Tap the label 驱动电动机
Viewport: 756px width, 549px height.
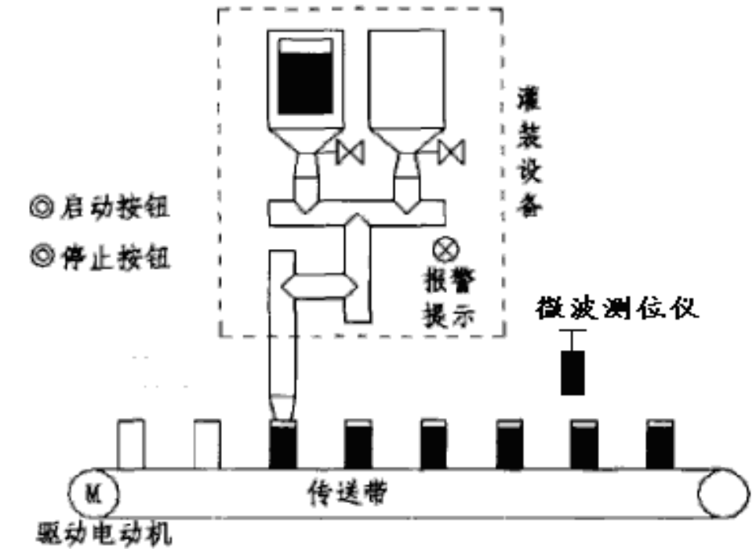click(x=105, y=535)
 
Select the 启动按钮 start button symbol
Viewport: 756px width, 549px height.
click(x=39, y=209)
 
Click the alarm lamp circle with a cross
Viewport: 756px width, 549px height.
click(x=445, y=251)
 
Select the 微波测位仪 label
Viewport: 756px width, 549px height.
click(x=616, y=308)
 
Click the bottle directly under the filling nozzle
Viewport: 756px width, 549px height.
click(x=283, y=444)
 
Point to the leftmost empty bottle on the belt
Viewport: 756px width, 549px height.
click(x=130, y=444)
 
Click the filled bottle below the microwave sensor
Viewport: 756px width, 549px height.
click(x=584, y=444)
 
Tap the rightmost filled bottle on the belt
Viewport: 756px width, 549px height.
click(x=660, y=444)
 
